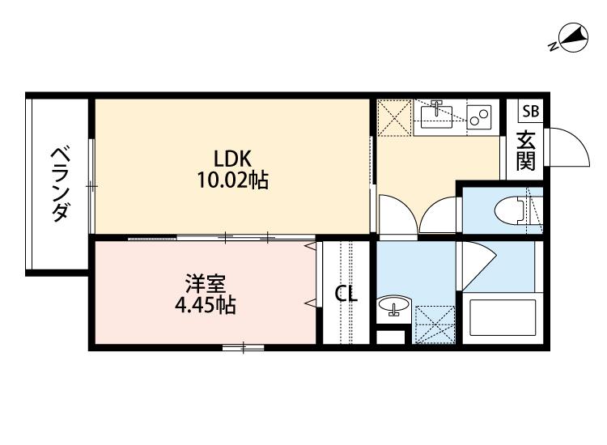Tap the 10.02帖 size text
pyautogui.click(x=234, y=180)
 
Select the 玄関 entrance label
pyautogui.click(x=527, y=150)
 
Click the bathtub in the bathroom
pyautogui.click(x=498, y=319)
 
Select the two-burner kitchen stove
pyautogui.click(x=479, y=118)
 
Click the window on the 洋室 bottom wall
pyautogui.click(x=244, y=348)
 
